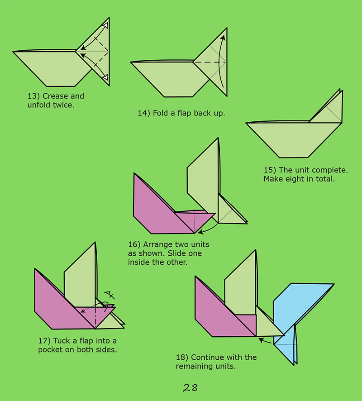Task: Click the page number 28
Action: point(190,387)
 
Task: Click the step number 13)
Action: point(34,96)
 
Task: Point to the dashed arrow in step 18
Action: point(267,339)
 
